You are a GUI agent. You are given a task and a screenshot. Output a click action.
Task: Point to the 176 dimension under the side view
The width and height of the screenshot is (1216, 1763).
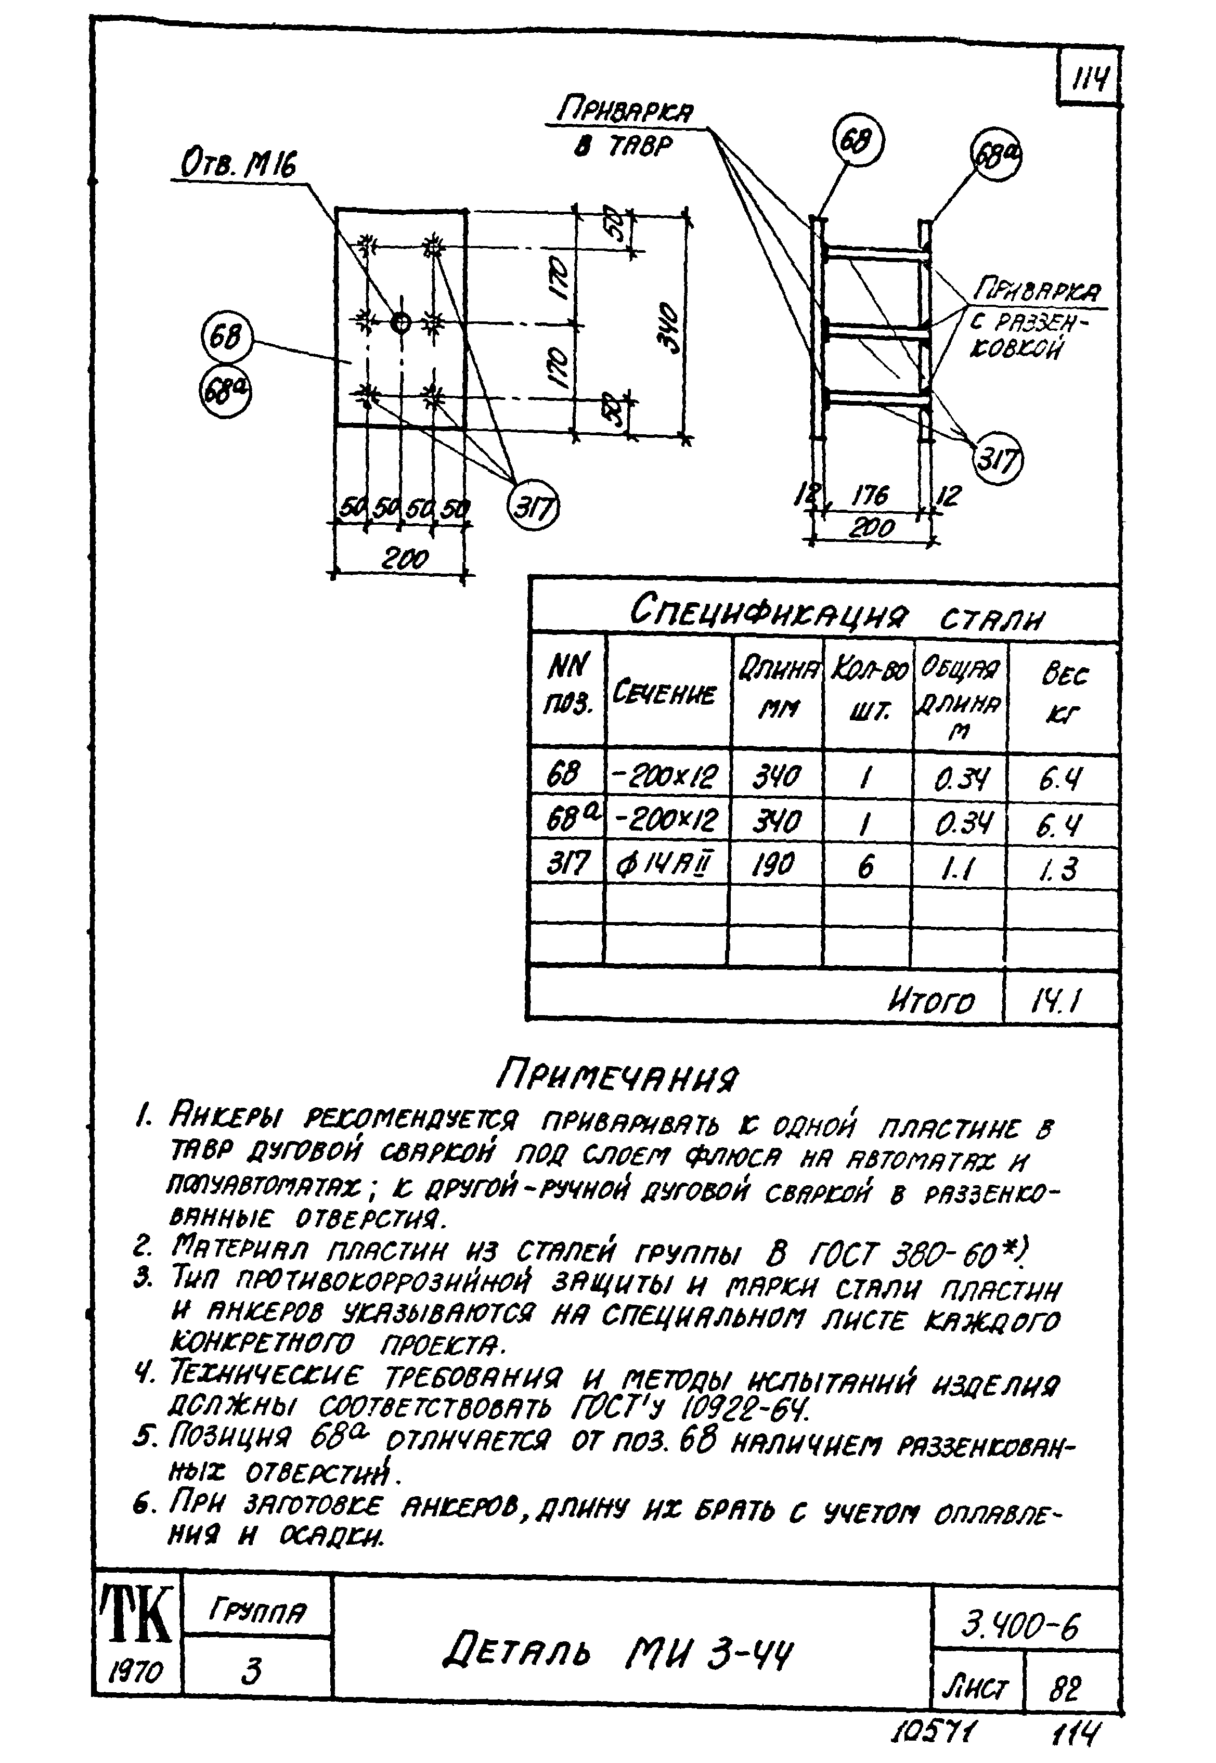(x=869, y=496)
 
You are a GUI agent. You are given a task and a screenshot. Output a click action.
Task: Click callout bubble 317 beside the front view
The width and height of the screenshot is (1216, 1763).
(x=533, y=508)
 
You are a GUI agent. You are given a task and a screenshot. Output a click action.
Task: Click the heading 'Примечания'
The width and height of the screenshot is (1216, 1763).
(x=617, y=1076)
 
